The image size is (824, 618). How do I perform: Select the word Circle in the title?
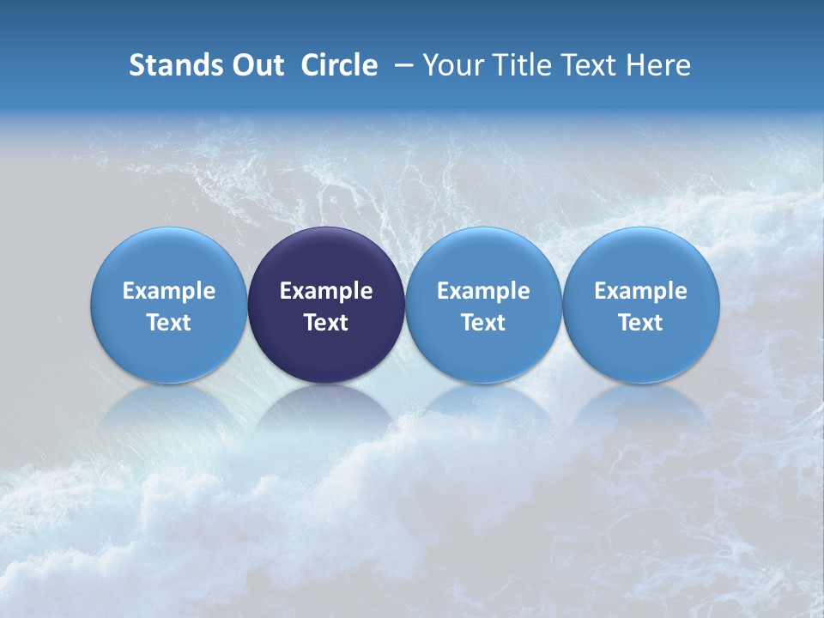[339, 65]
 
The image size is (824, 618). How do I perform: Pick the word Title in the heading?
[520, 65]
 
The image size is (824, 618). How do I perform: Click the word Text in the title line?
[590, 65]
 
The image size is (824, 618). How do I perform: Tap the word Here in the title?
[658, 65]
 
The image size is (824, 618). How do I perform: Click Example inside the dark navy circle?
[326, 291]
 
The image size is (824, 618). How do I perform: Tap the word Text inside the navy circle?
[326, 323]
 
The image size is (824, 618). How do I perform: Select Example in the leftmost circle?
[169, 291]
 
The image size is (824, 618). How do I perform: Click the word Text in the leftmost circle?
[169, 323]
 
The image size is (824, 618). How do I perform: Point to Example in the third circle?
[483, 291]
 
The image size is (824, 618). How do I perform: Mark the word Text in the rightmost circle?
[641, 323]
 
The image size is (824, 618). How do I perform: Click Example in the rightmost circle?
[641, 291]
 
